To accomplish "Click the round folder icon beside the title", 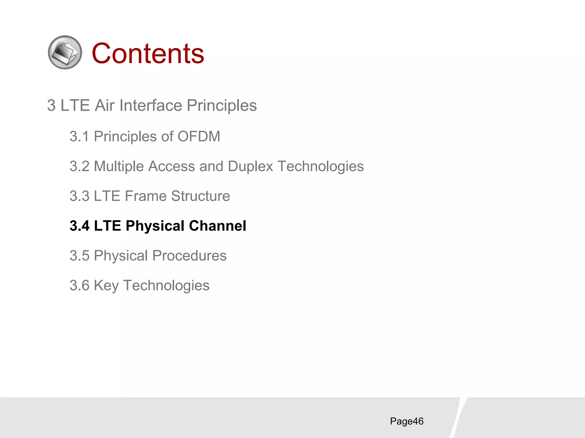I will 65,52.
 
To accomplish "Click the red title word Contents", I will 148,53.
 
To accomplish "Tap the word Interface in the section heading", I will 151,106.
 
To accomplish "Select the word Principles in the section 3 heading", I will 222,106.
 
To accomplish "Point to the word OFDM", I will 199,136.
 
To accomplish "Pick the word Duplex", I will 251,166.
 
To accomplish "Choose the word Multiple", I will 119,166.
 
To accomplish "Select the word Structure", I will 201,196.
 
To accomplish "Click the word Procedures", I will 189,256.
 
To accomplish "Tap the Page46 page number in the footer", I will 406,421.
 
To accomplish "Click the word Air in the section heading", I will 105,106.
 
